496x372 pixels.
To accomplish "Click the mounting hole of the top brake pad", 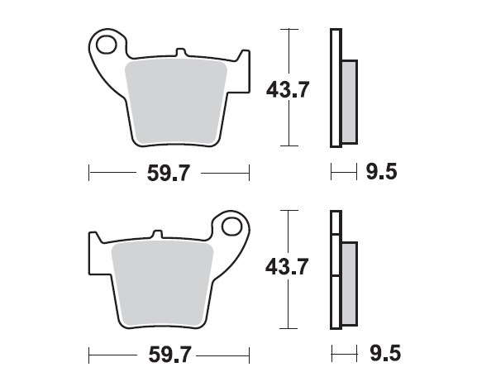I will pyautogui.click(x=105, y=42).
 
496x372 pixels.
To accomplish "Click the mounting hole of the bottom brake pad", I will pyautogui.click(x=231, y=226).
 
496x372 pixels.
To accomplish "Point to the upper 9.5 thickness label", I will pyautogui.click(x=381, y=173).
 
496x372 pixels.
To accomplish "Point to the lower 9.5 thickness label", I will pyautogui.click(x=381, y=355).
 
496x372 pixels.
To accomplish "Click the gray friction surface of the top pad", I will pyautogui.click(x=176, y=99).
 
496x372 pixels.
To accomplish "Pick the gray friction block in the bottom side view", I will pyautogui.click(x=349, y=282).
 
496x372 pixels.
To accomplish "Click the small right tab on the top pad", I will pyautogui.click(x=243, y=58).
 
